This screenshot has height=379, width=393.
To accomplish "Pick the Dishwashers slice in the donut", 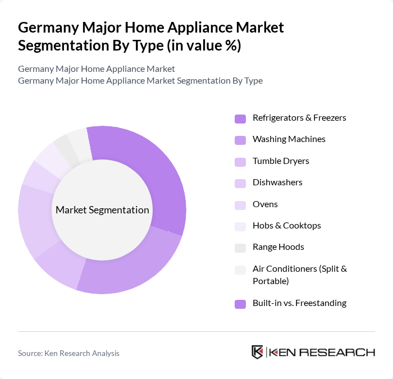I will point(36,222).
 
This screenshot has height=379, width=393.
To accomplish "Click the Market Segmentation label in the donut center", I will point(102,210).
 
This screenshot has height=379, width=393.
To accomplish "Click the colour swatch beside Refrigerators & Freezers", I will point(240,118).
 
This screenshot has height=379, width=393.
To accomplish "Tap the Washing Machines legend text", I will point(289,139).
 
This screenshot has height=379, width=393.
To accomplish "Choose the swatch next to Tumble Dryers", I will point(240,162).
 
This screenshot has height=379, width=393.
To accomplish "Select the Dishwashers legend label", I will point(277,182).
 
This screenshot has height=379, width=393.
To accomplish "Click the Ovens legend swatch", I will point(240,205).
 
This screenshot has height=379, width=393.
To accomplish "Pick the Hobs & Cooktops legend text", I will point(286,226).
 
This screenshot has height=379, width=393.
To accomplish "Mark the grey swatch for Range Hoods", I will point(240,248).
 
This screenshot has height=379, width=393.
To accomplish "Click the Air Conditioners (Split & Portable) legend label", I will point(299,275).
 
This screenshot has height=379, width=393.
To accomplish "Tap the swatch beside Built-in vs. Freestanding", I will point(240,304).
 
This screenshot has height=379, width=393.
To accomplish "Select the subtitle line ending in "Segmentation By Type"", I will point(140,80).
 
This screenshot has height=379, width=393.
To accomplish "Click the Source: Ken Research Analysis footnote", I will point(68,353).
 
